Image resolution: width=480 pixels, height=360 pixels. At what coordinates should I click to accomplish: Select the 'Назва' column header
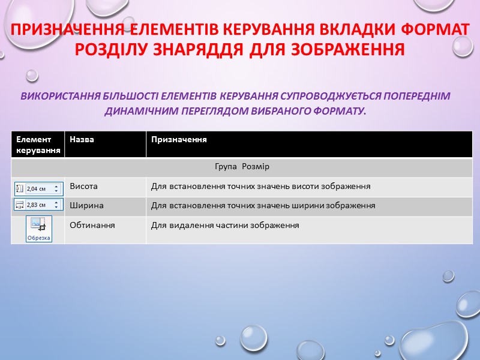click(82, 139)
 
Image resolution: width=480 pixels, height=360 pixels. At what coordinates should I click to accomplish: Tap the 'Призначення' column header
click(179, 139)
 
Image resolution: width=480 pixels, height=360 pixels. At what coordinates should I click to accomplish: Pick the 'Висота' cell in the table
click(84, 187)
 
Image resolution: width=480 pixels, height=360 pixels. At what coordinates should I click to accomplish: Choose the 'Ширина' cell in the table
click(86, 205)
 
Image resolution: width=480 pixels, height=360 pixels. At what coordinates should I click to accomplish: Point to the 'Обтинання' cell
click(92, 225)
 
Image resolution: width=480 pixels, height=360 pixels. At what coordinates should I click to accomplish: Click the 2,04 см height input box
click(38, 188)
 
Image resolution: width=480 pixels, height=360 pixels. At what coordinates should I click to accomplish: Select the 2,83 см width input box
click(38, 205)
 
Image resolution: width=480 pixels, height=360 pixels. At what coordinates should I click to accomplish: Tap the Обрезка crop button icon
click(38, 229)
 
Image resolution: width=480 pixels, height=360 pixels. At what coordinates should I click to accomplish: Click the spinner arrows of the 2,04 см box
click(56, 188)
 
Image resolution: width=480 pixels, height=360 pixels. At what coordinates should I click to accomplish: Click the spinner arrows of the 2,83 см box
click(56, 205)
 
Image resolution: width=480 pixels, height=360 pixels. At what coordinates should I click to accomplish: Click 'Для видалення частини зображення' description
click(224, 225)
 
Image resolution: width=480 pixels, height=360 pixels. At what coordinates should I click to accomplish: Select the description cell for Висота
click(260, 187)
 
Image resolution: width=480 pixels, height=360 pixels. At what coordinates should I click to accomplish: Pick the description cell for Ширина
click(263, 205)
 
